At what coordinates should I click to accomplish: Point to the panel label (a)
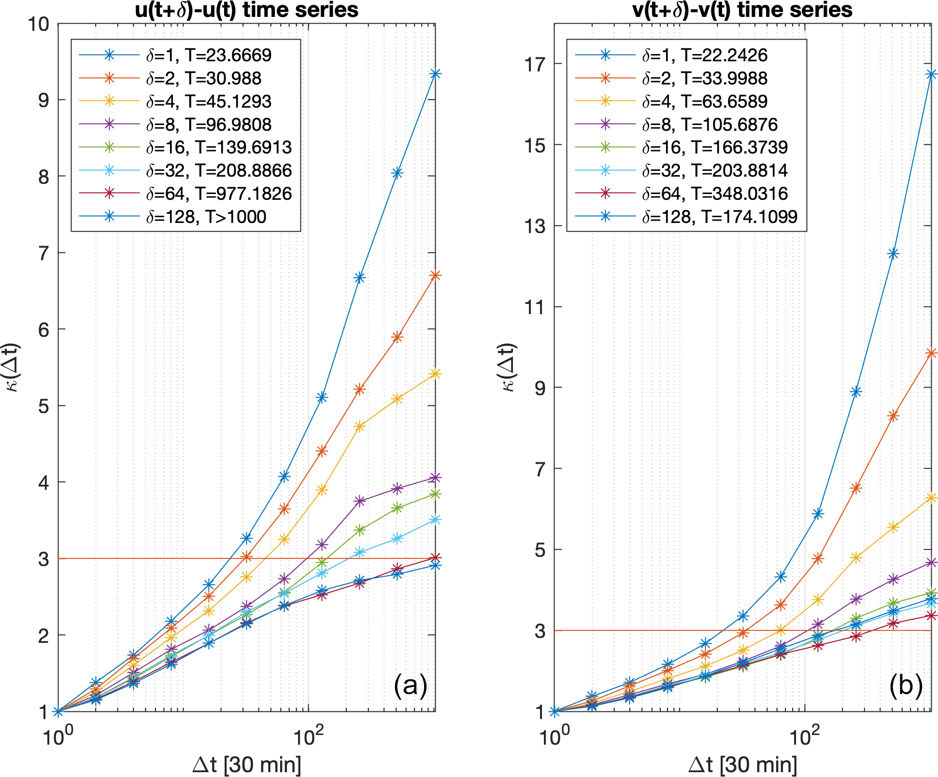(x=410, y=685)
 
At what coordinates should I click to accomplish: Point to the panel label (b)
(x=906, y=685)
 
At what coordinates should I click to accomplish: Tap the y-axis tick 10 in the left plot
(x=39, y=24)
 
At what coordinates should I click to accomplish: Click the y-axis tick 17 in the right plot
(x=535, y=64)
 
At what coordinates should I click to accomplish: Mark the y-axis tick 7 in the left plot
(x=44, y=253)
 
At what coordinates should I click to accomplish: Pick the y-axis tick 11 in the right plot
(x=535, y=306)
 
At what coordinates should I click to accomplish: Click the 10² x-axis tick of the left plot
(x=308, y=736)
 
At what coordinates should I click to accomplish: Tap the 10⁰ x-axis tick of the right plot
(x=554, y=736)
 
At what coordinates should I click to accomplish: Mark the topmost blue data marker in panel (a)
(x=435, y=74)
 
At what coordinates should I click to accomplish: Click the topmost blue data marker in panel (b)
(x=931, y=74)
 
